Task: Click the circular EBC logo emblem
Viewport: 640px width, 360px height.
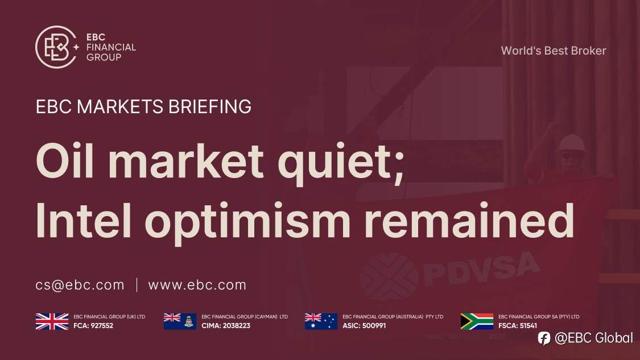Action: pyautogui.click(x=56, y=47)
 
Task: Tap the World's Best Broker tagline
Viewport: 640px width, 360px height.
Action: pyautogui.click(x=553, y=51)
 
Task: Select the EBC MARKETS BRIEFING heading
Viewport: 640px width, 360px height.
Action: pyautogui.click(x=143, y=106)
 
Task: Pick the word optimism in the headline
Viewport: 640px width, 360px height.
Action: pyautogui.click(x=265, y=223)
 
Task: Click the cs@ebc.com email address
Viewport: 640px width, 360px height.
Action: pyautogui.click(x=80, y=285)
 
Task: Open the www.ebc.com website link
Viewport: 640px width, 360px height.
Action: pyautogui.click(x=197, y=285)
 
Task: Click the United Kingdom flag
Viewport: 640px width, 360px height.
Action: pyautogui.click(x=52, y=321)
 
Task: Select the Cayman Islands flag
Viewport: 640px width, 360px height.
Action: pyautogui.click(x=180, y=321)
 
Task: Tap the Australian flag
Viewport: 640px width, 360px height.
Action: pyautogui.click(x=321, y=321)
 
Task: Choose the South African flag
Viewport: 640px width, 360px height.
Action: pyautogui.click(x=477, y=321)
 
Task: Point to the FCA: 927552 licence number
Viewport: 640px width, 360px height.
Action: pyautogui.click(x=93, y=326)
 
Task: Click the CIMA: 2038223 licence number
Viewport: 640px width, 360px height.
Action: pyautogui.click(x=226, y=326)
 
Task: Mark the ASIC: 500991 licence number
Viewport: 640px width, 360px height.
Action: pyautogui.click(x=364, y=326)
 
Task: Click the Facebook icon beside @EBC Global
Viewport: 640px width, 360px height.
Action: pyautogui.click(x=544, y=338)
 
